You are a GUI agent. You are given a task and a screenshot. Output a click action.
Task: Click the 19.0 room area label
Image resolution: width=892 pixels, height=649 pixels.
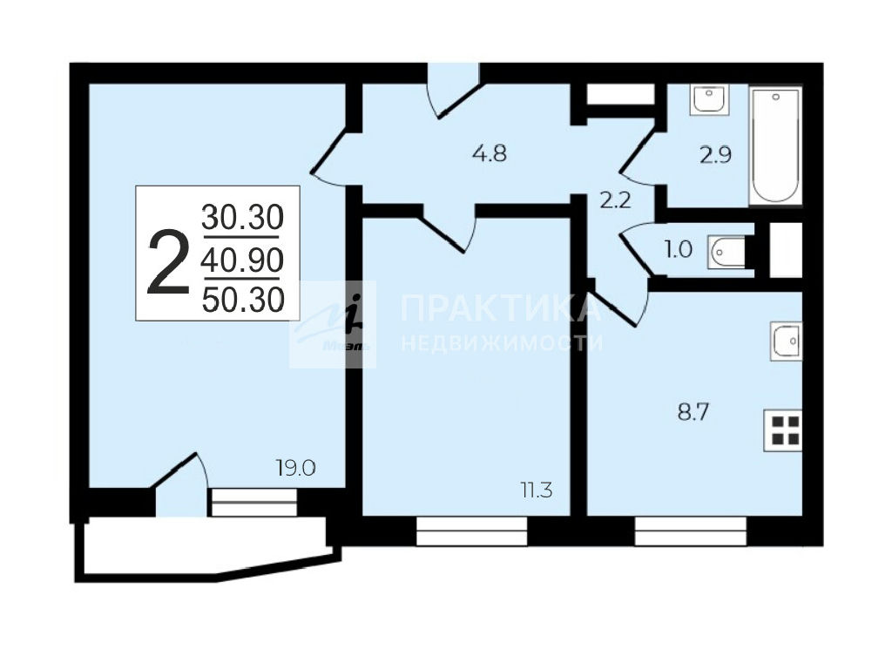(296, 469)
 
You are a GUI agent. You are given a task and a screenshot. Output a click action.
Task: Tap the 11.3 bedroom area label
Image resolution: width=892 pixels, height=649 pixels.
(537, 490)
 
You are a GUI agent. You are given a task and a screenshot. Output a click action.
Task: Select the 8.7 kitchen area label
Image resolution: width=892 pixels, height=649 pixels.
(693, 412)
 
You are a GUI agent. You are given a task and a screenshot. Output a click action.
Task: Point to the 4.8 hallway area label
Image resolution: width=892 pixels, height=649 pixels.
(490, 153)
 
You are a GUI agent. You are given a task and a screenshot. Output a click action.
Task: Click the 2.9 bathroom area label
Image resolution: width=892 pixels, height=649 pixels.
(716, 155)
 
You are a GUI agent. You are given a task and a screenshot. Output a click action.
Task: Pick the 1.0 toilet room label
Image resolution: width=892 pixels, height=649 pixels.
(678, 249)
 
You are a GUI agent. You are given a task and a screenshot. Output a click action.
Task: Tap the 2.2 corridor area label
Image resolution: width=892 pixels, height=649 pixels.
(616, 200)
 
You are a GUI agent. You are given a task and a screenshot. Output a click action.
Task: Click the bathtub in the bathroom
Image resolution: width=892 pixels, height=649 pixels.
(776, 145)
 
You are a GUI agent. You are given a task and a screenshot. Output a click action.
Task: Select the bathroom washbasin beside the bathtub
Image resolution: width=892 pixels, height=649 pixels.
(708, 100)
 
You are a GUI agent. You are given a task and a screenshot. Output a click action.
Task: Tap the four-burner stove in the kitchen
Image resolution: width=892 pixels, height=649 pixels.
(783, 430)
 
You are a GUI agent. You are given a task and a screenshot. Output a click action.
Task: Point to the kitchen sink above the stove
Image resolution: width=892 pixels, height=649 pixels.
(787, 341)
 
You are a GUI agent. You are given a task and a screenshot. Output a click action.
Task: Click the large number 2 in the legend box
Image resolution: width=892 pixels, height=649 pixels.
(168, 263)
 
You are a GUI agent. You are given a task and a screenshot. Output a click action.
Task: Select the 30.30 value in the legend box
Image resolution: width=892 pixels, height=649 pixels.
(242, 217)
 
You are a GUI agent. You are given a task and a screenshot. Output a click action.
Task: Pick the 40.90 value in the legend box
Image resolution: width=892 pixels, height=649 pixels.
(242, 260)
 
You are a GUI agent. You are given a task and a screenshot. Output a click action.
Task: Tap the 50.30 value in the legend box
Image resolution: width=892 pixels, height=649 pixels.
(243, 300)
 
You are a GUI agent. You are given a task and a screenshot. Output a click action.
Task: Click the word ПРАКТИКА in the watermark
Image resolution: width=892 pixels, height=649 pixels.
(501, 309)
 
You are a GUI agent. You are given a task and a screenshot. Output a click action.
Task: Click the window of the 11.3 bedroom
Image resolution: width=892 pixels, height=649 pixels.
(472, 531)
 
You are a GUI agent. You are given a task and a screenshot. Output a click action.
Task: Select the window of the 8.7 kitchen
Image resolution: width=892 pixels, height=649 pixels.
(691, 531)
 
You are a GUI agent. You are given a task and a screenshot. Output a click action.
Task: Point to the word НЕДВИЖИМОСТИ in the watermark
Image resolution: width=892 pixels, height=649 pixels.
(502, 343)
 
